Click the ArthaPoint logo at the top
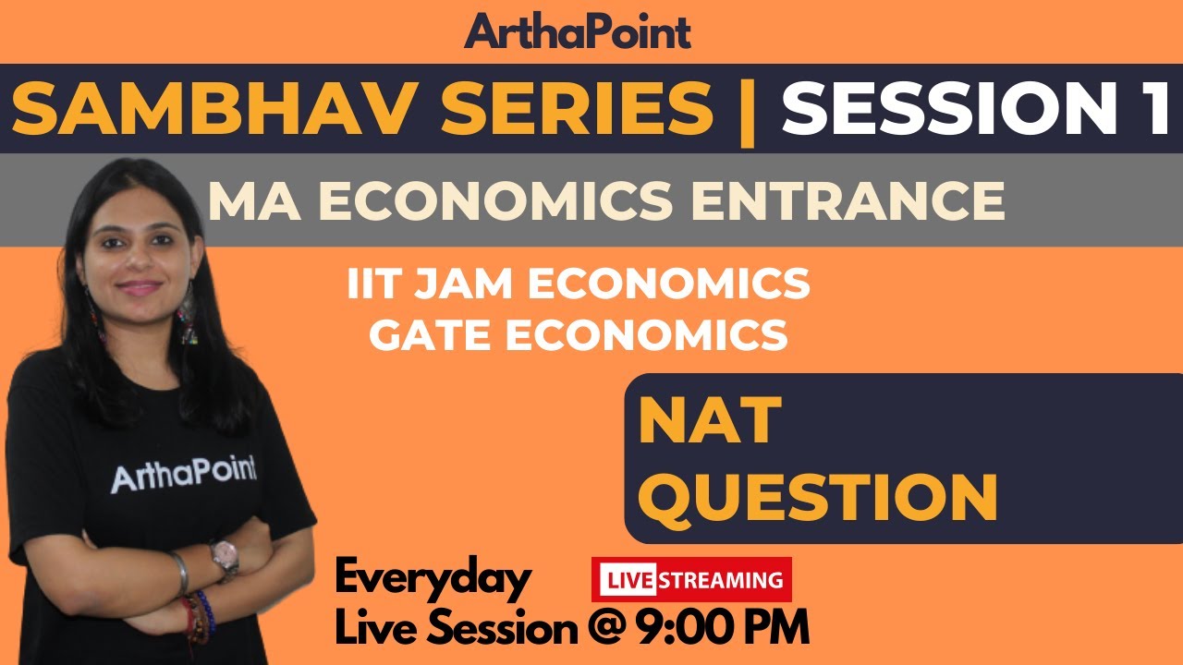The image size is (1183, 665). (x=578, y=31)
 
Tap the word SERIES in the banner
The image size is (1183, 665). (x=554, y=109)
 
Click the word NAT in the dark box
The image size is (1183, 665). (x=710, y=421)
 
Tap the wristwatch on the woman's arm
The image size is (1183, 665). (x=223, y=556)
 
